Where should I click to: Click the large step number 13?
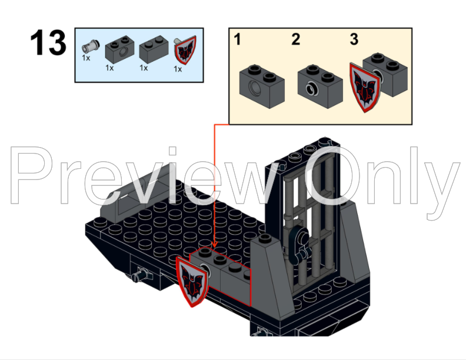coord(48,44)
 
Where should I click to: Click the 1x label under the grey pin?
coord(86,58)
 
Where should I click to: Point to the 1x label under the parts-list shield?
coord(178,69)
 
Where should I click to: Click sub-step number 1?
coord(238,40)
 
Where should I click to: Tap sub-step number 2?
coord(295,40)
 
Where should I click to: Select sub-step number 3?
coord(354,40)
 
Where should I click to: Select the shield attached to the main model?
coord(191,278)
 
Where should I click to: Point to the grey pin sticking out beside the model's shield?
coord(141,274)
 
